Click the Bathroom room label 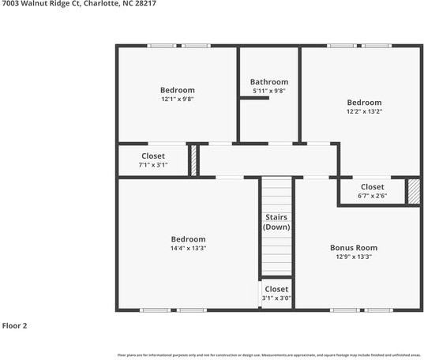point(268,81)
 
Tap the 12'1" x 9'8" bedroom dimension point(177,99)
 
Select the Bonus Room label point(353,247)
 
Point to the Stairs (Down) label point(276,222)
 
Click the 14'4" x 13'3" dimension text point(188,249)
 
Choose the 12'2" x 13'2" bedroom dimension point(364,112)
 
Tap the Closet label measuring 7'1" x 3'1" point(153,156)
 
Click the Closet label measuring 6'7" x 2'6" point(372,187)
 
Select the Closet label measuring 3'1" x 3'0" point(276,289)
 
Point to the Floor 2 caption point(15,325)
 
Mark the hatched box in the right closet point(413,192)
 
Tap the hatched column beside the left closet point(193,160)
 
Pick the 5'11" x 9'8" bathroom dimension point(268,91)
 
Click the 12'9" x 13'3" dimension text point(353,257)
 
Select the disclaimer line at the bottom point(269,354)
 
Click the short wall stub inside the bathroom point(249,98)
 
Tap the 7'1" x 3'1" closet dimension point(153,165)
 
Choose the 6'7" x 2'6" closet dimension point(372,196)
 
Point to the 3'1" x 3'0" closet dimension point(276,298)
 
